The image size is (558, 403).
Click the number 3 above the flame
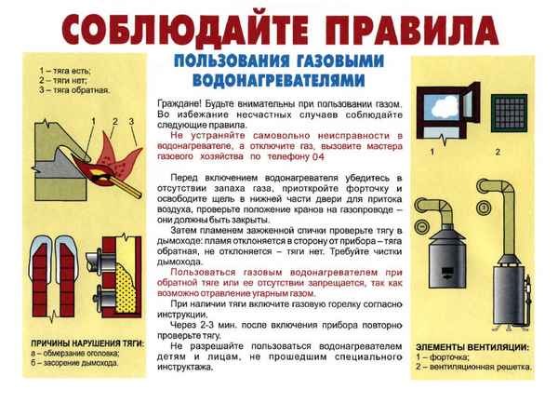tap(132, 122)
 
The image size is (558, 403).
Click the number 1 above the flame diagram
tap(95, 122)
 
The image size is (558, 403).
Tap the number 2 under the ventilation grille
tap(497, 152)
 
